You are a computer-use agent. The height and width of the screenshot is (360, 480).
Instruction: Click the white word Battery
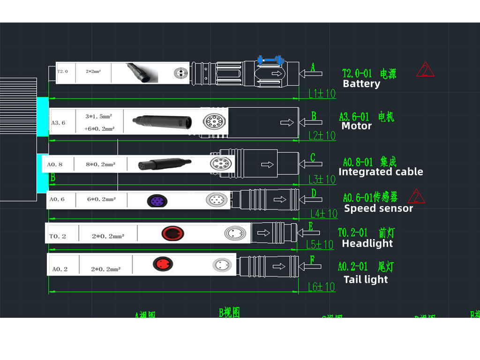pyautogui.click(x=361, y=84)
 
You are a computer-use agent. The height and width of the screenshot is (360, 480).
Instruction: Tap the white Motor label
pyautogui.click(x=357, y=126)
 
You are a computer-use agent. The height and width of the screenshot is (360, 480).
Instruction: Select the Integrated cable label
pyautogui.click(x=381, y=172)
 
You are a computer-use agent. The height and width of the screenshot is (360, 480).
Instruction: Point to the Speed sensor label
pyautogui.click(x=378, y=208)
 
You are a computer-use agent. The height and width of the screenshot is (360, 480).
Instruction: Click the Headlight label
pyautogui.click(x=367, y=243)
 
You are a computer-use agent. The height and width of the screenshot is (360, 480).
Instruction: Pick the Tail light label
pyautogui.click(x=366, y=279)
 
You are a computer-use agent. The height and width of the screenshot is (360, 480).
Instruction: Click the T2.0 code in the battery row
pyautogui.click(x=63, y=72)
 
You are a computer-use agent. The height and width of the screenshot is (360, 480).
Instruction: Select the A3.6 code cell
pyautogui.click(x=58, y=123)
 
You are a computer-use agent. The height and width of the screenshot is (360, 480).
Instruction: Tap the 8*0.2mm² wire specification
pyautogui.click(x=101, y=165)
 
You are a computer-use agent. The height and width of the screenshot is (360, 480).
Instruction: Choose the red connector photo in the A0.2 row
pyautogui.click(x=163, y=264)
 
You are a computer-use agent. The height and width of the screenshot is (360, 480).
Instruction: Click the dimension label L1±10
pyautogui.click(x=322, y=94)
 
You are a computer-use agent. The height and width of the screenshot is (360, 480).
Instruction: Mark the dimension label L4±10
pyautogui.click(x=324, y=214)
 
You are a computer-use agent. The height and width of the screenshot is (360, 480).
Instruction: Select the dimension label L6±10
pyautogui.click(x=322, y=287)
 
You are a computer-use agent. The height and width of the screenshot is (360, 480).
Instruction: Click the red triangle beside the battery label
pyautogui.click(x=425, y=70)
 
